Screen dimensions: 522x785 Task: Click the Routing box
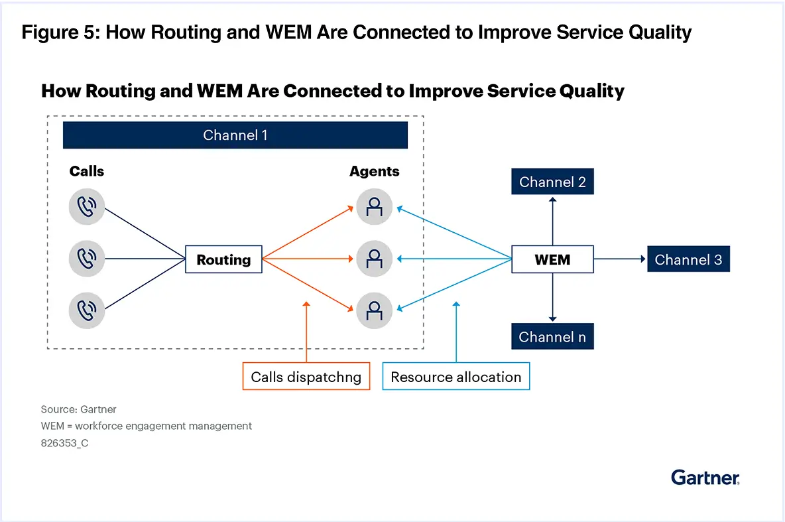[x=223, y=259]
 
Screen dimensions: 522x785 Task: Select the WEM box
[x=552, y=259]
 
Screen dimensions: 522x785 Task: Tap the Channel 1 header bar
[x=235, y=135]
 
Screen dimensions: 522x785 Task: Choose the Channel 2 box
[x=552, y=182]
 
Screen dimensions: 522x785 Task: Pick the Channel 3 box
[x=688, y=259]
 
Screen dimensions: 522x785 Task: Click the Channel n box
[x=552, y=337]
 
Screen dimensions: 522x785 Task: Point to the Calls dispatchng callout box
[x=306, y=377]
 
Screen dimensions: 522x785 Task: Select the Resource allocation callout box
[x=456, y=377]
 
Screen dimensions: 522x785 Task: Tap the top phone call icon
[x=87, y=208]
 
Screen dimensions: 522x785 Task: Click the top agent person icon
[x=374, y=208]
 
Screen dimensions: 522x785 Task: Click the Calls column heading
[x=87, y=171]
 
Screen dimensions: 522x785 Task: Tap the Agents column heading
[x=374, y=171]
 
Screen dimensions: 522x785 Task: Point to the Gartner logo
[x=705, y=477]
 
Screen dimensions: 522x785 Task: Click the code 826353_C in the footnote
[x=64, y=443]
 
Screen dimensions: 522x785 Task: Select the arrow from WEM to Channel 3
[x=620, y=259]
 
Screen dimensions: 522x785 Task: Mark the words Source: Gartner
[x=78, y=409]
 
